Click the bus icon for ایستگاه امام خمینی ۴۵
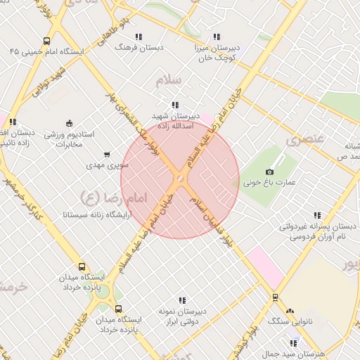pyautogui.click(x=46, y=41)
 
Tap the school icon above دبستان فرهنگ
pyautogui.click(x=138, y=36)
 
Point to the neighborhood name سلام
pyautogui.click(x=168, y=80)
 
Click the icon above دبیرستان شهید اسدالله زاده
pyautogui.click(x=175, y=105)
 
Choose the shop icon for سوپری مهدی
pyautogui.click(x=107, y=154)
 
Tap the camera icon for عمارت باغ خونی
pyautogui.click(x=270, y=172)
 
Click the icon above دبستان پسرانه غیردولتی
pyautogui.click(x=317, y=215)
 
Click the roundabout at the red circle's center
pyautogui.click(x=180, y=180)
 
